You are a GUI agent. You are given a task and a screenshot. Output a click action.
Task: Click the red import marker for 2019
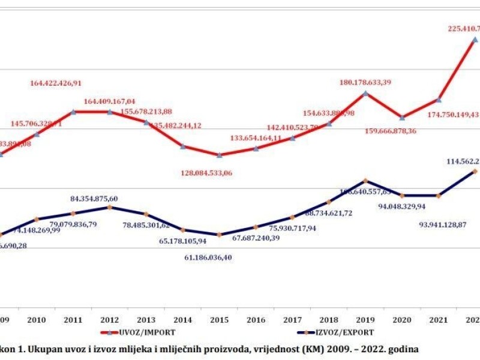(365, 93)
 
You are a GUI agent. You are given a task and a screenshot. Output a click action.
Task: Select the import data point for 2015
(220, 155)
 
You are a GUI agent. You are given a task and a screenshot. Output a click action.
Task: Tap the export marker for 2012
(110, 207)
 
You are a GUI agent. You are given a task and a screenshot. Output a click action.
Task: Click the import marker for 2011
(73, 112)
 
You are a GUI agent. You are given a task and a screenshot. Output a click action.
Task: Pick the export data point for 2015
(220, 235)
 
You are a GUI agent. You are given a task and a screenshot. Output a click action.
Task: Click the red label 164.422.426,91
(64, 83)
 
